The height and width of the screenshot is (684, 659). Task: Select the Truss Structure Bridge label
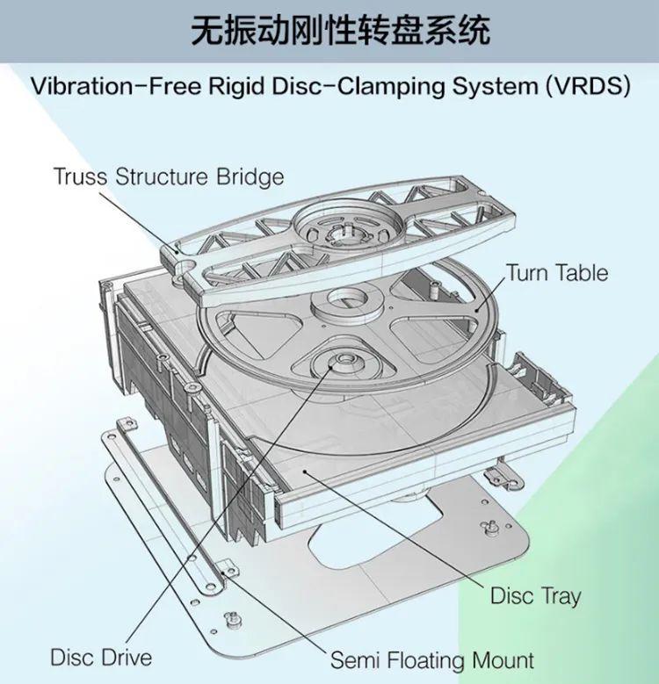point(169,176)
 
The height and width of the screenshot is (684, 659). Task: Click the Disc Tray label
point(535,595)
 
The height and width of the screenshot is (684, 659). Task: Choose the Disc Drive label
point(100,657)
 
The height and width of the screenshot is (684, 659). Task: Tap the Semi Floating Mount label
point(431,660)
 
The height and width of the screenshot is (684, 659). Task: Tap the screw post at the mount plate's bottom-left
point(232,617)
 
